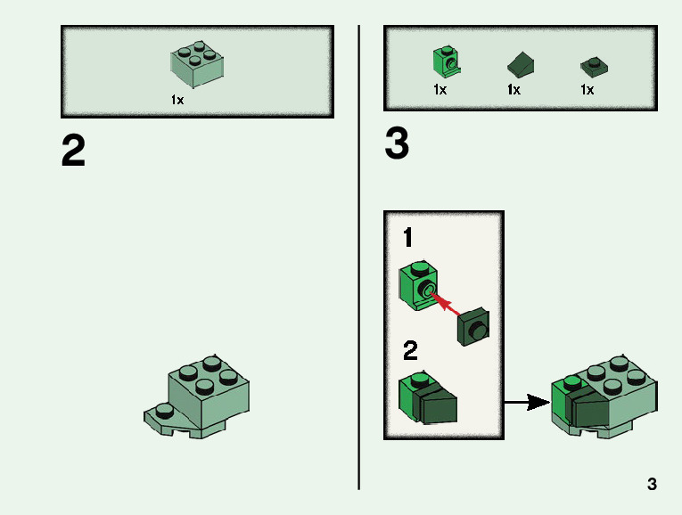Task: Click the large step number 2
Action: [x=73, y=151]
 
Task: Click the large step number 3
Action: [x=397, y=143]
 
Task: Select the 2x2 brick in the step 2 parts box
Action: [x=197, y=61]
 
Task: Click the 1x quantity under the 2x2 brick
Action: [x=177, y=101]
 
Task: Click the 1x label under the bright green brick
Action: [x=440, y=90]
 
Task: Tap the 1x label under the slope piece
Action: [x=514, y=90]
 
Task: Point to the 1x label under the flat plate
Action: [x=587, y=90]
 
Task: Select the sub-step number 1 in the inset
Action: [x=408, y=238]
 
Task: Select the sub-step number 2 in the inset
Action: [x=410, y=351]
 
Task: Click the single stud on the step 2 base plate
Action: [x=163, y=410]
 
